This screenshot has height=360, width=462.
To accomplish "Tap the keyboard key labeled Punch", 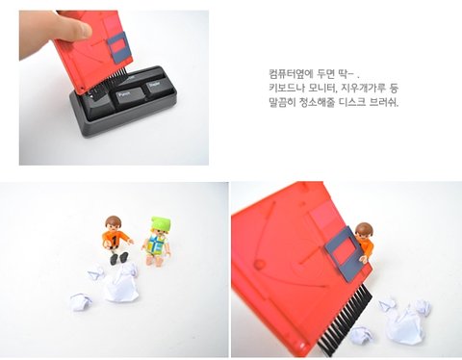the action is coord(129,95).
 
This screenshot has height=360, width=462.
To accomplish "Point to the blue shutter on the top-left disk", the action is coord(119,47).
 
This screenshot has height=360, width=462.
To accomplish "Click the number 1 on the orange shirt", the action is coord(115,239).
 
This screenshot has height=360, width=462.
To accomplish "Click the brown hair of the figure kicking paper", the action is coord(114,220).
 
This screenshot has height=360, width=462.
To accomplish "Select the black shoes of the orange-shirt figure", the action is coord(118,258).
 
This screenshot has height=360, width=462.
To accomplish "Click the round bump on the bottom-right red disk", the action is coord(260,265).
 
